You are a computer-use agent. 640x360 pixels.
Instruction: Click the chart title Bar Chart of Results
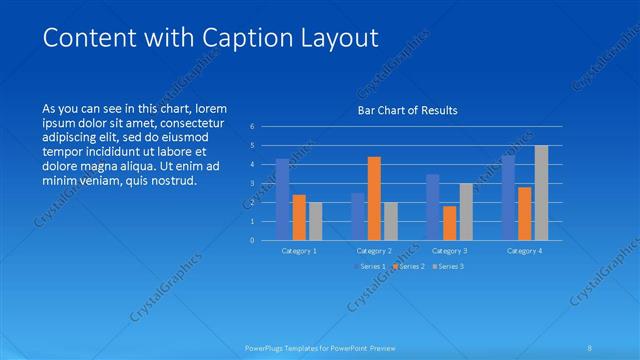[407, 111]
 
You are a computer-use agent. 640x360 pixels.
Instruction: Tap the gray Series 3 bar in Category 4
[541, 192]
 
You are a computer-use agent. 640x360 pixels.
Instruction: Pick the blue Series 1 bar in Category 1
[283, 199]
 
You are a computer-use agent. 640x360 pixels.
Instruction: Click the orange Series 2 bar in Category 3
[450, 223]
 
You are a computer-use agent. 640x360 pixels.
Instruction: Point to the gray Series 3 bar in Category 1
[315, 221]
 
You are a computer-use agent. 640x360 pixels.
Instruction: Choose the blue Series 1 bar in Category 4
[508, 197]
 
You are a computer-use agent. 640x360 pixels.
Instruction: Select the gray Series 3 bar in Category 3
[466, 211]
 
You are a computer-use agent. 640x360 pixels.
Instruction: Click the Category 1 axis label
[299, 251]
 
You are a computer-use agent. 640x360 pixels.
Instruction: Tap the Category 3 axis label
[450, 251]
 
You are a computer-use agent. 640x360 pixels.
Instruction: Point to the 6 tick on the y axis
[253, 127]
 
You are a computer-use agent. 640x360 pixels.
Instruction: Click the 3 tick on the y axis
[253, 183]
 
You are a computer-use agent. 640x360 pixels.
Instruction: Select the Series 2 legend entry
[410, 266]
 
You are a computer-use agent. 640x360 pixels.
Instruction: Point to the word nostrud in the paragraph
[171, 181]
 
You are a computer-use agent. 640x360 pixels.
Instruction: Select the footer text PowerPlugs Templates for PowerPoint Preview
[320, 347]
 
